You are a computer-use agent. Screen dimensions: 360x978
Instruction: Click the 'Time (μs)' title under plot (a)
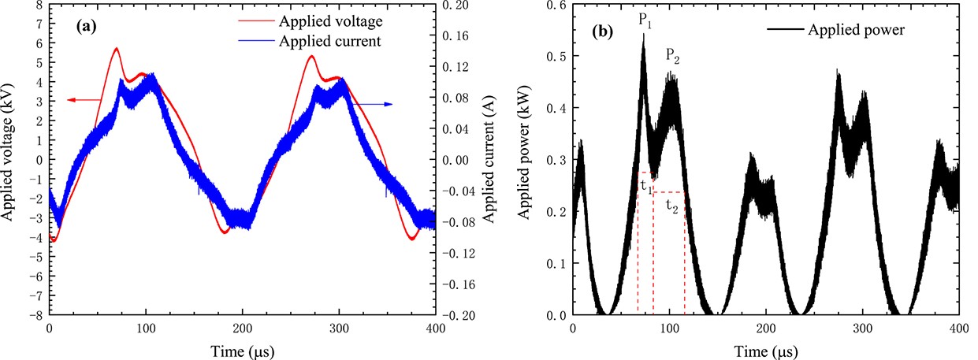(x=242, y=349)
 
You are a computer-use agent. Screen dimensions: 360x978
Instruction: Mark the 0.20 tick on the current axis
(x=458, y=5)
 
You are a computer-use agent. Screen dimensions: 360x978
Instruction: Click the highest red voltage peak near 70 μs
(x=117, y=49)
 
